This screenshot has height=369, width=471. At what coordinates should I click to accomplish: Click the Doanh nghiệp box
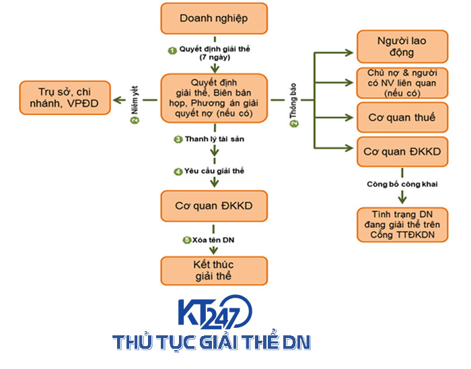point(213,19)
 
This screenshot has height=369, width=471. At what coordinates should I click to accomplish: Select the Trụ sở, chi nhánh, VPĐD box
point(65,98)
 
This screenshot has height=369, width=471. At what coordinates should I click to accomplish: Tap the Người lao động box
point(401,46)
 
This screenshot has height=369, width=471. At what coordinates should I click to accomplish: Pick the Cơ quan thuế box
point(401,117)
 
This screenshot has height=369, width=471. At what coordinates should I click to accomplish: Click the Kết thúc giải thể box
point(213,269)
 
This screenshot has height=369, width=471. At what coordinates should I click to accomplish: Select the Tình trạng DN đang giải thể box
point(401,224)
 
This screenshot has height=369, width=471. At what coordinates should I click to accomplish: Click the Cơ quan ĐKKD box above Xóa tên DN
point(213,205)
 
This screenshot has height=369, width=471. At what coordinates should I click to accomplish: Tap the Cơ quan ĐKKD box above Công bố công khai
point(401,152)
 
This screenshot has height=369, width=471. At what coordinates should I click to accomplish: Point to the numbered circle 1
point(172,50)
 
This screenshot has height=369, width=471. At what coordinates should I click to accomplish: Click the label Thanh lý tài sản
point(213,139)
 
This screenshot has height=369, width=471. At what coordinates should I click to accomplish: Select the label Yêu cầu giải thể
point(213,171)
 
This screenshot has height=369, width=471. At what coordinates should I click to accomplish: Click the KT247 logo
point(214,312)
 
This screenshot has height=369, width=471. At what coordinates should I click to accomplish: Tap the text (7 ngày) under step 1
point(213,59)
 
